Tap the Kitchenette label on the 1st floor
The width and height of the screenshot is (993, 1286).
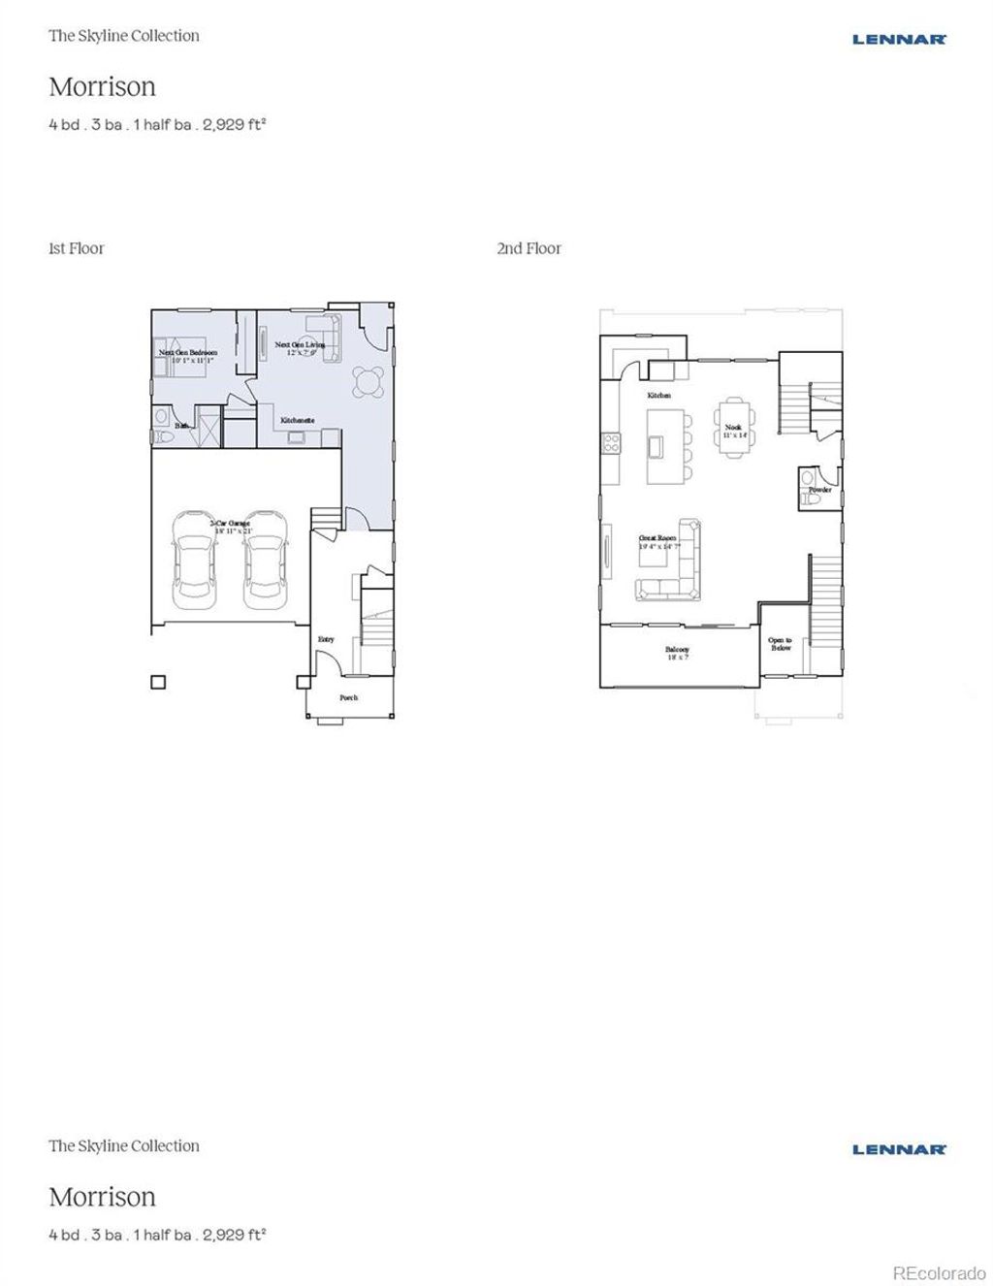click(297, 420)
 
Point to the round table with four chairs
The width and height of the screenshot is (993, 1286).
click(368, 381)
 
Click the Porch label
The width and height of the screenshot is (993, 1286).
click(348, 697)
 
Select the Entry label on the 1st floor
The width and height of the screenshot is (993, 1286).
click(326, 639)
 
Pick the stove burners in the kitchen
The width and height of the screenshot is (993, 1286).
click(612, 443)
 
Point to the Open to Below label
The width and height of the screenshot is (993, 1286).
click(780, 644)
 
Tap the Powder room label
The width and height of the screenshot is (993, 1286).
click(820, 490)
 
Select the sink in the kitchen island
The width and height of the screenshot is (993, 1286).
click(657, 446)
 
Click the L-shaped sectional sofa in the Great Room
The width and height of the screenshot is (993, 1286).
click(675, 567)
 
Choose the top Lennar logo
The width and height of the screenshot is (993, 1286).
click(899, 40)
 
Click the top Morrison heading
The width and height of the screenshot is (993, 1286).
click(102, 86)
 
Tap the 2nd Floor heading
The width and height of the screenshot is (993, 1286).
click(529, 248)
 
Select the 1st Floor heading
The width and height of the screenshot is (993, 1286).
click(76, 248)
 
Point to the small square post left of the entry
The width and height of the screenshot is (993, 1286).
click(158, 682)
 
